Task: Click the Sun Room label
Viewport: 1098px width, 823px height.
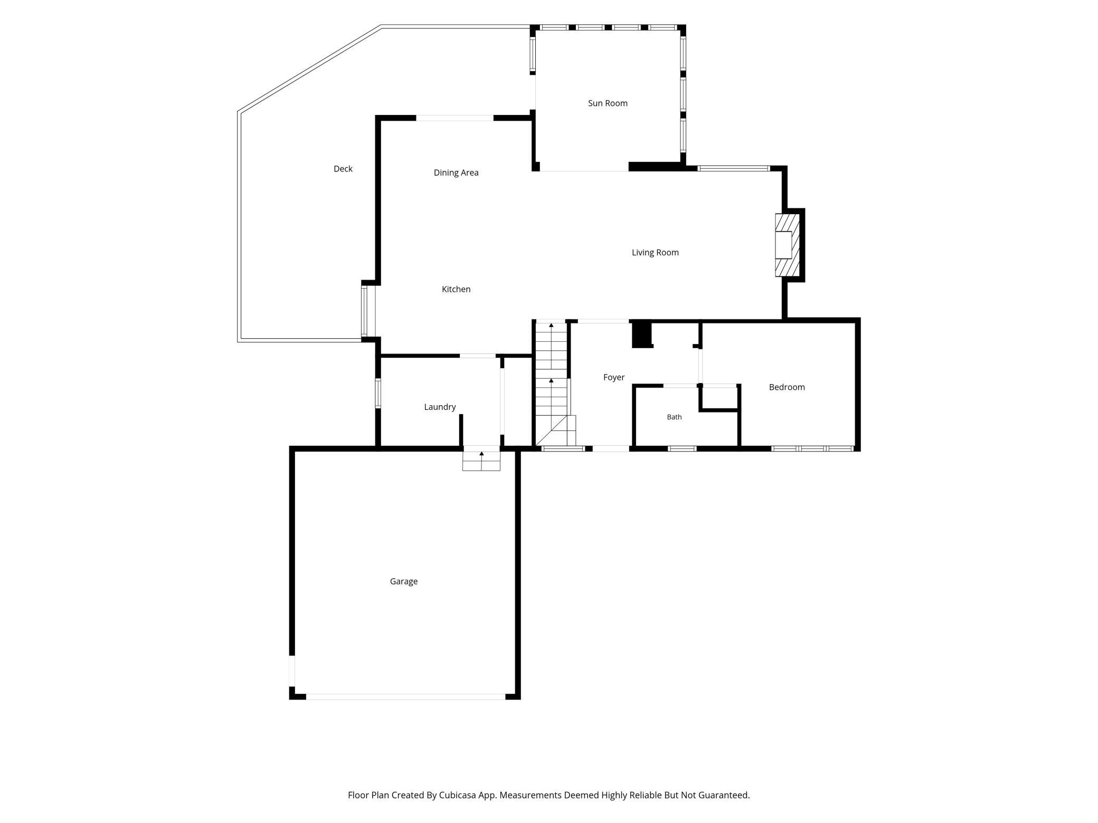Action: click(x=608, y=103)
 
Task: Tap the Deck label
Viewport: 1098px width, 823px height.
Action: click(x=343, y=169)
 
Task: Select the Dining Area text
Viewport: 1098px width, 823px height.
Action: click(x=456, y=173)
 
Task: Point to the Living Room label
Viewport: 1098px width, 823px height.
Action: click(x=655, y=253)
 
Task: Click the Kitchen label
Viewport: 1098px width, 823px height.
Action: click(x=456, y=289)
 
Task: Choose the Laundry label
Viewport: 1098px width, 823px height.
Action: click(x=440, y=407)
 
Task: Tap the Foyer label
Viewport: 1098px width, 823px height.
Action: click(x=614, y=378)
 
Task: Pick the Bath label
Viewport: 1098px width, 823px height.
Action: click(x=674, y=417)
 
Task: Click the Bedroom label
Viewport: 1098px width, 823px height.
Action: click(x=787, y=387)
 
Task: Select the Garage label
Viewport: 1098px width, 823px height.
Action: click(x=404, y=581)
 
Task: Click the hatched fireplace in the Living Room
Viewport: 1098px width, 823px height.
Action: click(x=787, y=245)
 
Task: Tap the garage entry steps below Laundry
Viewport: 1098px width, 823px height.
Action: click(x=481, y=458)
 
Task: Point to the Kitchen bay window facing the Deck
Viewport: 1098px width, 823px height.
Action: click(x=364, y=311)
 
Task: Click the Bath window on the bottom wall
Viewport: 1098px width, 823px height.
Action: click(x=682, y=449)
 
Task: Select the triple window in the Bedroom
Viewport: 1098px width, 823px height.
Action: click(x=812, y=449)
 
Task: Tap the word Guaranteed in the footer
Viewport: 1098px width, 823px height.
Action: click(x=723, y=795)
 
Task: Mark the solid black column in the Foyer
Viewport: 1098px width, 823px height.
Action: click(x=642, y=334)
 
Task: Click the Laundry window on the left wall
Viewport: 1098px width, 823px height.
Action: click(x=378, y=393)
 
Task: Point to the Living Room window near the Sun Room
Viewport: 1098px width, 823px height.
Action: click(x=734, y=169)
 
